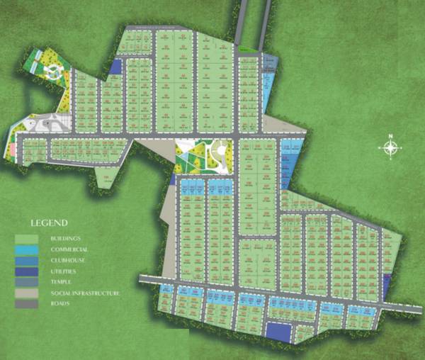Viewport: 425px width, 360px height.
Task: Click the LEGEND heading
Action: (47, 223)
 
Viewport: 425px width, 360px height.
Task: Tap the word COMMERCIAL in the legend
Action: (69, 250)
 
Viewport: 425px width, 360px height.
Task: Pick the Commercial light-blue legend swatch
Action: (25, 250)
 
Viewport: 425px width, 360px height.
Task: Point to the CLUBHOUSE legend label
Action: (69, 261)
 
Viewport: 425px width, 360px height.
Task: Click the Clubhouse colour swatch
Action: (25, 261)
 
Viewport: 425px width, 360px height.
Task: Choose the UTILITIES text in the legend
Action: (66, 271)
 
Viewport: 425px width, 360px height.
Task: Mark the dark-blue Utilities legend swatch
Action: (25, 271)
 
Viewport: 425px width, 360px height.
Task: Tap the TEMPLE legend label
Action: (62, 282)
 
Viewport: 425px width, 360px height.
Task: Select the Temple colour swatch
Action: (25, 282)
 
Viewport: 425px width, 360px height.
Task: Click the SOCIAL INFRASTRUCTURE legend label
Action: (84, 293)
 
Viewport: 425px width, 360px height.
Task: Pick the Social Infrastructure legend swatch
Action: (25, 293)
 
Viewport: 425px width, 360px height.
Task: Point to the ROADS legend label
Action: (62, 304)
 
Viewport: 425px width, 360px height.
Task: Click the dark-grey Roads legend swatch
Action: (25, 304)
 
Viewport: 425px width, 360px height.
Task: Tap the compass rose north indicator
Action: (389, 148)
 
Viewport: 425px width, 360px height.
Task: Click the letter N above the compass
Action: (389, 136)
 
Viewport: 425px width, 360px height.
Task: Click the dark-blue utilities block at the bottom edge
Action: (278, 332)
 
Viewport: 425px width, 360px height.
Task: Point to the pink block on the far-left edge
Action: (13, 150)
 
